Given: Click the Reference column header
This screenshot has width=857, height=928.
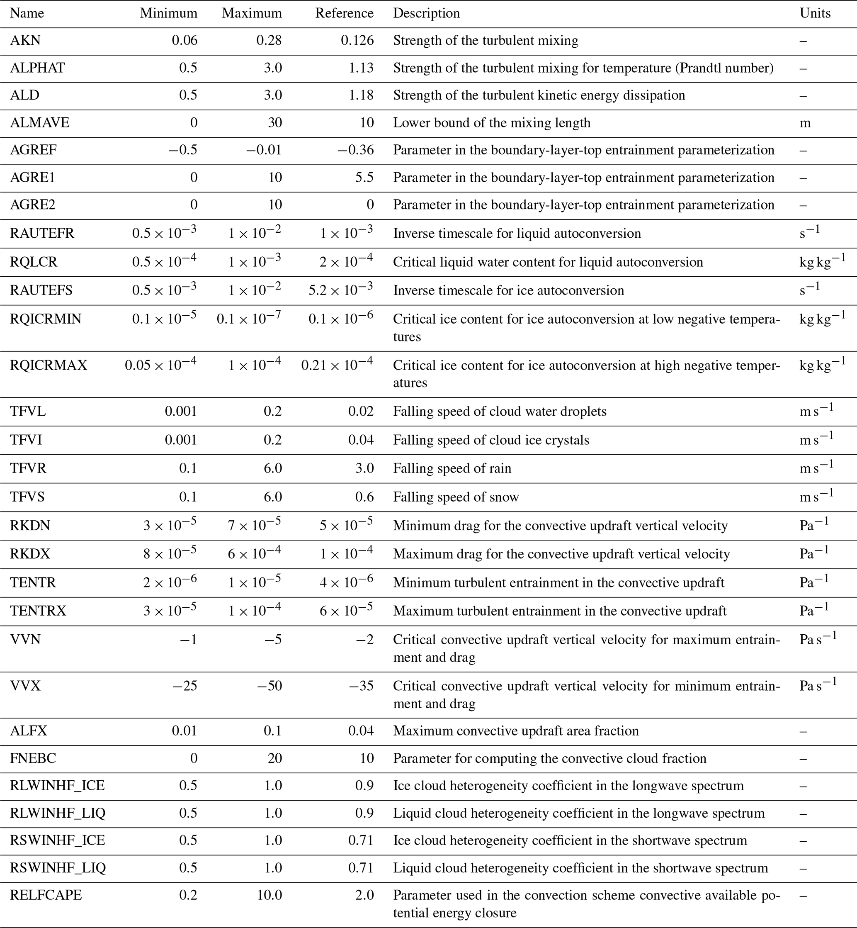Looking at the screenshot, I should (x=344, y=13).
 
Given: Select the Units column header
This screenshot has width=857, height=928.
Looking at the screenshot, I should (x=815, y=13).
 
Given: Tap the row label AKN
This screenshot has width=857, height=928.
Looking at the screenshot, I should (x=26, y=40).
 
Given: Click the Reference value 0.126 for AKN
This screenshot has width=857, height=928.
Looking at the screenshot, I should (x=357, y=40).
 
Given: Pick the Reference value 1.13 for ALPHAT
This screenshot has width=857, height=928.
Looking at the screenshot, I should (x=361, y=68).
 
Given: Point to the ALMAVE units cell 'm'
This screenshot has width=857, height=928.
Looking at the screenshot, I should (x=805, y=122).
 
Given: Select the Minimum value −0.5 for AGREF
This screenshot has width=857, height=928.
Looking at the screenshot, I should (x=183, y=150).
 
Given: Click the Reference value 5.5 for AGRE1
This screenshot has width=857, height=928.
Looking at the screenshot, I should (x=364, y=177).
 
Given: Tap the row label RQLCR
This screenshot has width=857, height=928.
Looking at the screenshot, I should (x=34, y=262).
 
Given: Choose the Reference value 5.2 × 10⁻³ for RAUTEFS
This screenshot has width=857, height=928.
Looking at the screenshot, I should (x=341, y=290).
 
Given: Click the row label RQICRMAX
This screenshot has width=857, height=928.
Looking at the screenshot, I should (x=49, y=365).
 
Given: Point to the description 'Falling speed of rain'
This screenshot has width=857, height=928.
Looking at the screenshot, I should (x=452, y=468).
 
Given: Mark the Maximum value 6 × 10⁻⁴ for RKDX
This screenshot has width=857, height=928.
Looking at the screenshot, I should (x=254, y=553).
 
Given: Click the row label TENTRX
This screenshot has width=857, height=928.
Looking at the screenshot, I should (x=39, y=611).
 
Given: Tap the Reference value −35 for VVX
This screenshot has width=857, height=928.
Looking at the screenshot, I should (x=361, y=686).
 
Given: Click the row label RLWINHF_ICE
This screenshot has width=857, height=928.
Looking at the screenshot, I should (x=58, y=786).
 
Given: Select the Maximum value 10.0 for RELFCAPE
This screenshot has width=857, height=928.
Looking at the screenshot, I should (x=269, y=895).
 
